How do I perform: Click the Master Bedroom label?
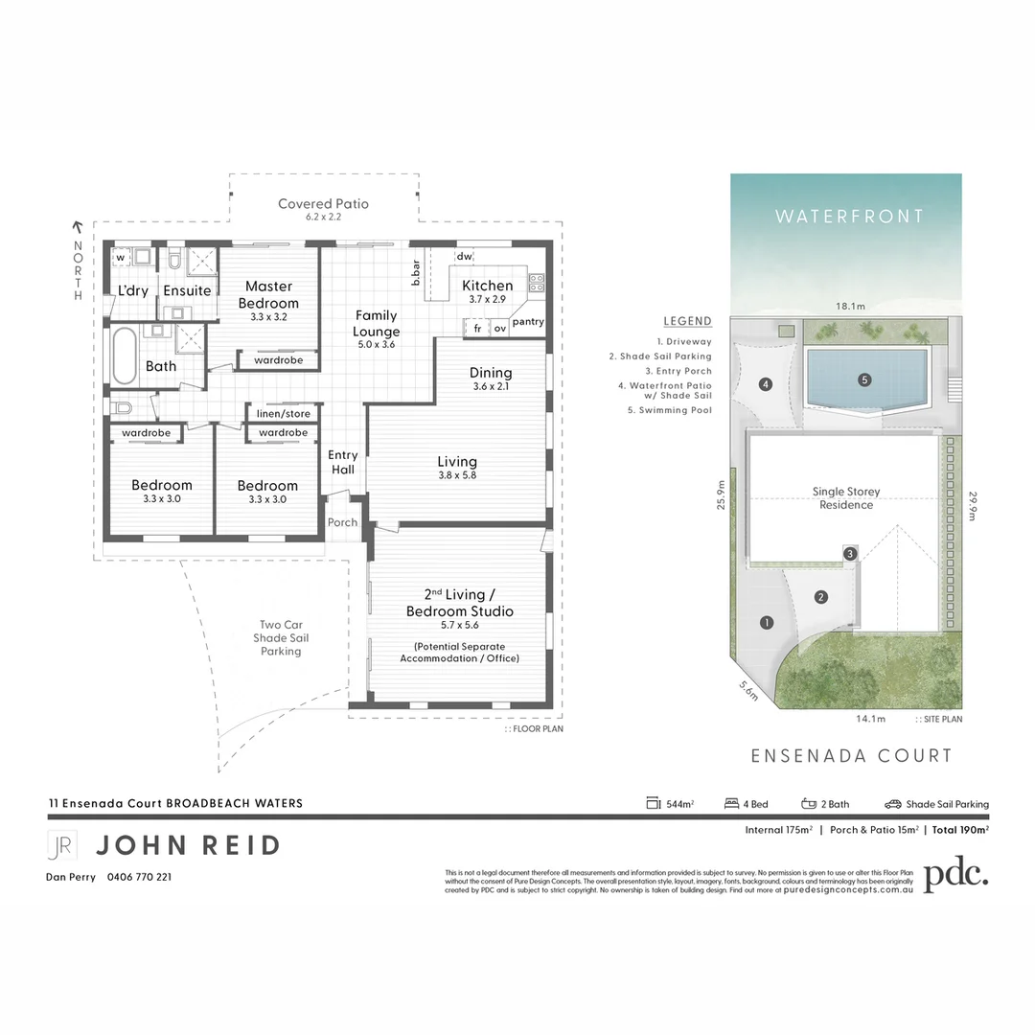(268, 294)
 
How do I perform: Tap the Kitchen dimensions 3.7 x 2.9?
(487, 300)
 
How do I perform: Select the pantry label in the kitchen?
(528, 322)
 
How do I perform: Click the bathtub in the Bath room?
(125, 356)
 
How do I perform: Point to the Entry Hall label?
(343, 462)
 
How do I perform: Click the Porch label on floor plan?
(342, 522)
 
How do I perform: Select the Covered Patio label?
(323, 204)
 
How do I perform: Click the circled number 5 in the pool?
(864, 379)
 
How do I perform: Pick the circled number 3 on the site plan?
(849, 554)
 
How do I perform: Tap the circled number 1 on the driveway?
(767, 623)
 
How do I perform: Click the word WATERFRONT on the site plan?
(849, 217)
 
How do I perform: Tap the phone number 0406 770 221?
(140, 876)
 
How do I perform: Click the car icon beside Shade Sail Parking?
(893, 804)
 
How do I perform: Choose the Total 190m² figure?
(960, 830)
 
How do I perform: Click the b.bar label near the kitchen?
(417, 273)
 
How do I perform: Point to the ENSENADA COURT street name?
(851, 756)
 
